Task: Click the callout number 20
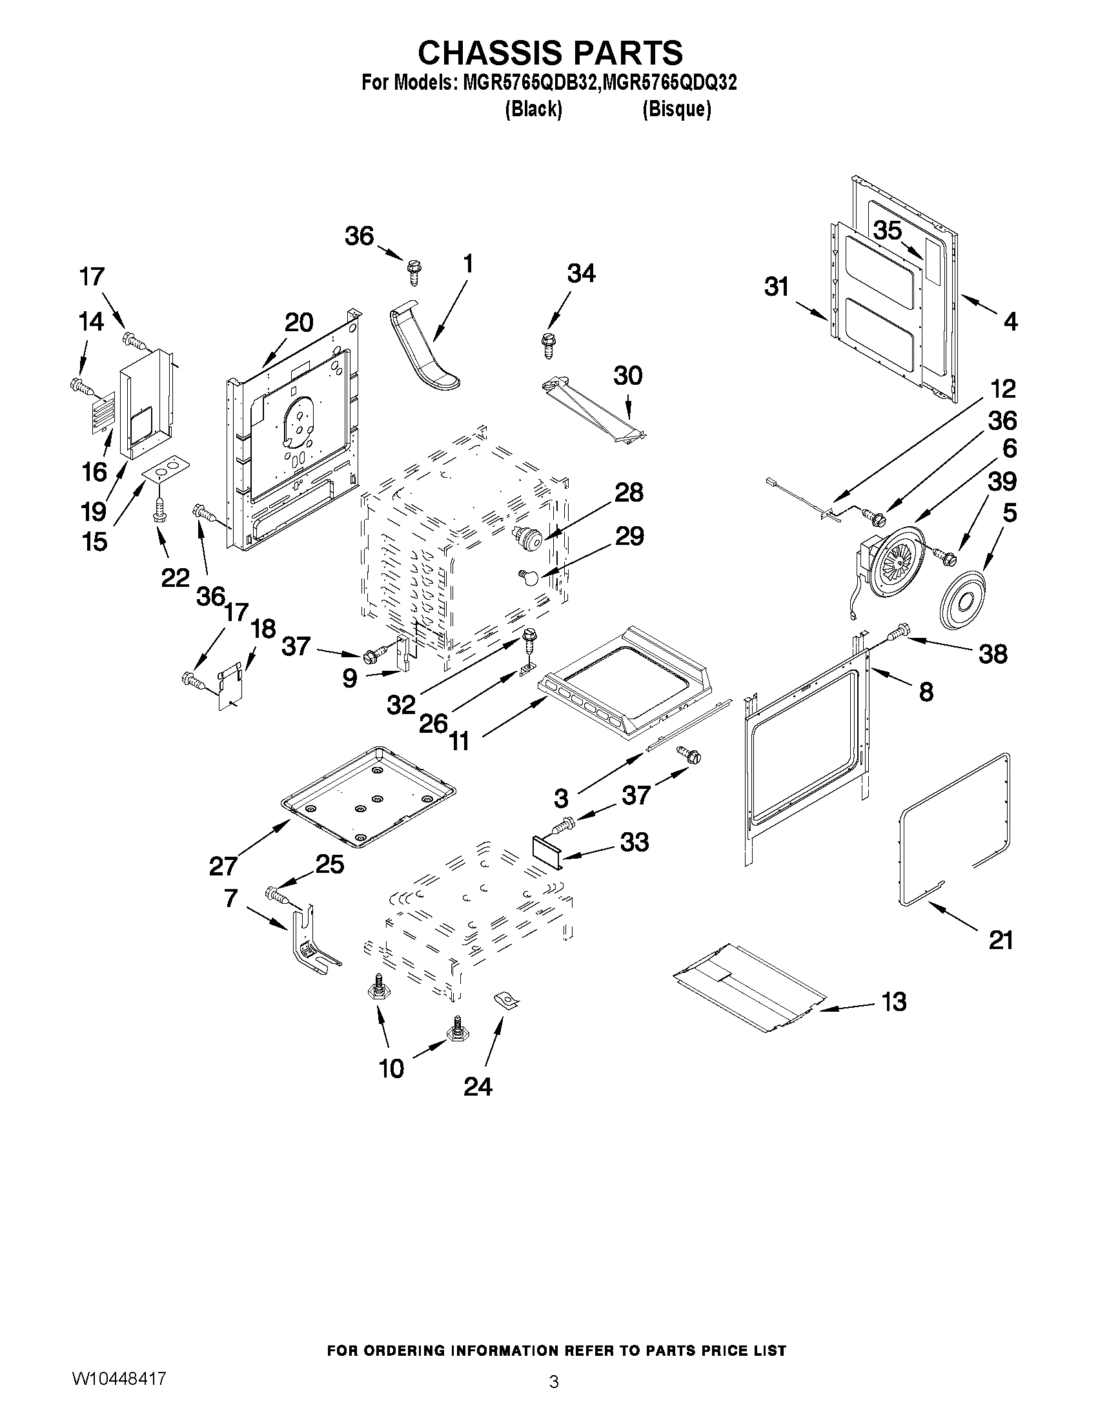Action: [300, 322]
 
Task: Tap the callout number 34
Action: [581, 274]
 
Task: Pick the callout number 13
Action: [894, 1002]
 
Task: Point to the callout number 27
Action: [223, 866]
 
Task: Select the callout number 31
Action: [776, 286]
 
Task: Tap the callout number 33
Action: [635, 842]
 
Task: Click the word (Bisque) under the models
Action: [676, 109]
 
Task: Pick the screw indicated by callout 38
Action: [900, 630]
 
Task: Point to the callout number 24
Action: [478, 1087]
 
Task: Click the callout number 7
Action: [230, 897]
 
